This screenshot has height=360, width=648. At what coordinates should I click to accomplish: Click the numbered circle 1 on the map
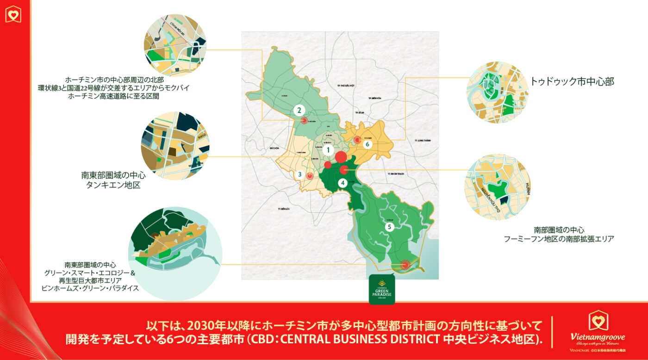point(328,150)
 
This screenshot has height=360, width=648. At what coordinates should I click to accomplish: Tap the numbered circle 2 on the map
point(299,110)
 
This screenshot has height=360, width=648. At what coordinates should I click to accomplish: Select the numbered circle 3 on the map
point(300,174)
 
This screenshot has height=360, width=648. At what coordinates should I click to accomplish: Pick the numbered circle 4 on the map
point(342,182)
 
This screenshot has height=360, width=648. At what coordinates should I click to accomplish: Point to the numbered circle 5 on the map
point(389,227)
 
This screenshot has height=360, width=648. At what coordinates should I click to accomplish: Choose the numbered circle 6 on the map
point(368,144)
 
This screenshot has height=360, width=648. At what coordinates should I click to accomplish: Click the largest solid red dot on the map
point(341,156)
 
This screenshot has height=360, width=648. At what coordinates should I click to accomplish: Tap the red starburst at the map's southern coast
point(405,265)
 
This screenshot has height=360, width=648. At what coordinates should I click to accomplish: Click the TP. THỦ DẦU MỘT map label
point(345,86)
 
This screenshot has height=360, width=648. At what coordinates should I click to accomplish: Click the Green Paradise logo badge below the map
point(382,289)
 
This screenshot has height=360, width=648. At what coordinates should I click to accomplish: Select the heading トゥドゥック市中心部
point(572,82)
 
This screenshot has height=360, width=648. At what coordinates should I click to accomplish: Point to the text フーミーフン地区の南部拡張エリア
point(559,239)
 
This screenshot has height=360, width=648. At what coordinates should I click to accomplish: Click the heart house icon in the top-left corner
point(14,14)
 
